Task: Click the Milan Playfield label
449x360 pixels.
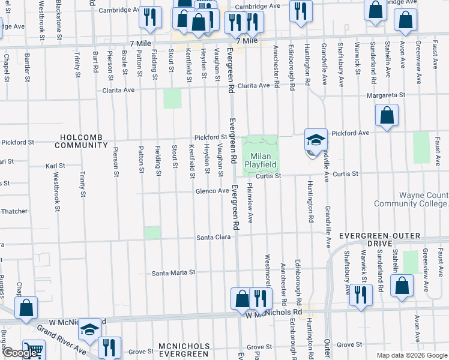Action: click(261, 160)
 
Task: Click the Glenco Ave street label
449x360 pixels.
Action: click(212, 191)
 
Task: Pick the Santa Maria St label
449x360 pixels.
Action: click(173, 272)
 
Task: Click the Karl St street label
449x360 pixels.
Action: click(55, 166)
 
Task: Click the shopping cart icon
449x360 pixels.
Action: click(34, 350)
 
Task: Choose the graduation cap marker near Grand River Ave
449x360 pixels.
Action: click(89, 329)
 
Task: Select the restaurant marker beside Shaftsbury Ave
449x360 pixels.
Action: click(360, 295)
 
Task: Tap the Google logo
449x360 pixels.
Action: click(19, 353)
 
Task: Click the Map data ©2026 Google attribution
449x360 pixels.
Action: click(411, 355)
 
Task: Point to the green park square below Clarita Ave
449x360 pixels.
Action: click(172, 98)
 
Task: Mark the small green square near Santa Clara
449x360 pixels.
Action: click(152, 233)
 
